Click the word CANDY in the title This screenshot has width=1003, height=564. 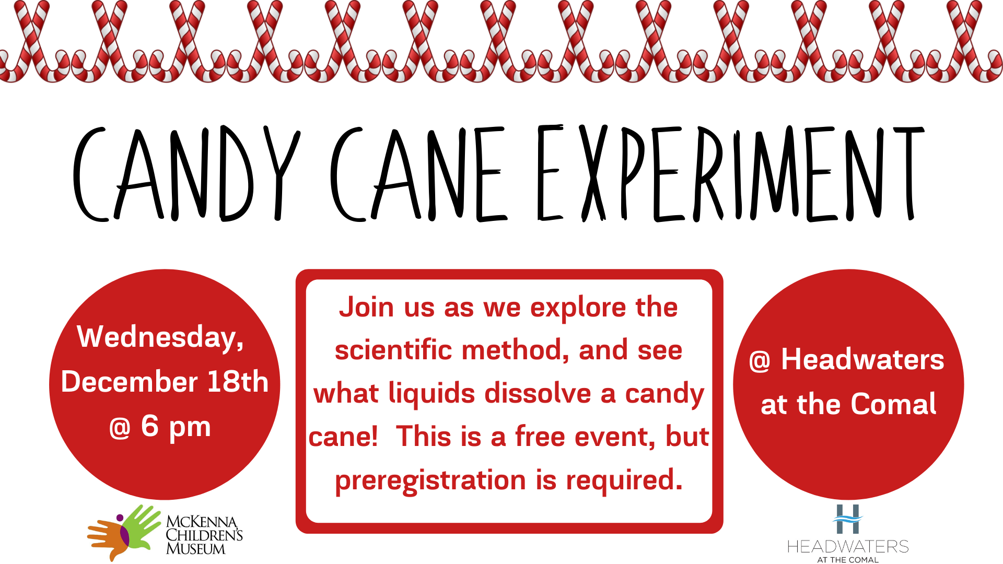tap(186, 173)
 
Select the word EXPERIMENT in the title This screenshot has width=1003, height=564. tap(730, 173)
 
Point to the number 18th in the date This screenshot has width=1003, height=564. tap(238, 381)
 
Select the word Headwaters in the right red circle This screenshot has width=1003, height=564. tap(862, 359)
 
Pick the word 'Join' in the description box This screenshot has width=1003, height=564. tap(367, 307)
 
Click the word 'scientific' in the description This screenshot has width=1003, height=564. tap(393, 350)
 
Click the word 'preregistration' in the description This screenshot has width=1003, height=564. tap(430, 481)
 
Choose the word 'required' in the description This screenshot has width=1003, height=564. tap(624, 480)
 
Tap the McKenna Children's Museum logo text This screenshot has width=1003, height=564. tap(204, 535)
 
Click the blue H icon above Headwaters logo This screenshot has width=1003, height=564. tap(847, 519)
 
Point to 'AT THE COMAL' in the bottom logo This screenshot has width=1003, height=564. tap(848, 560)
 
